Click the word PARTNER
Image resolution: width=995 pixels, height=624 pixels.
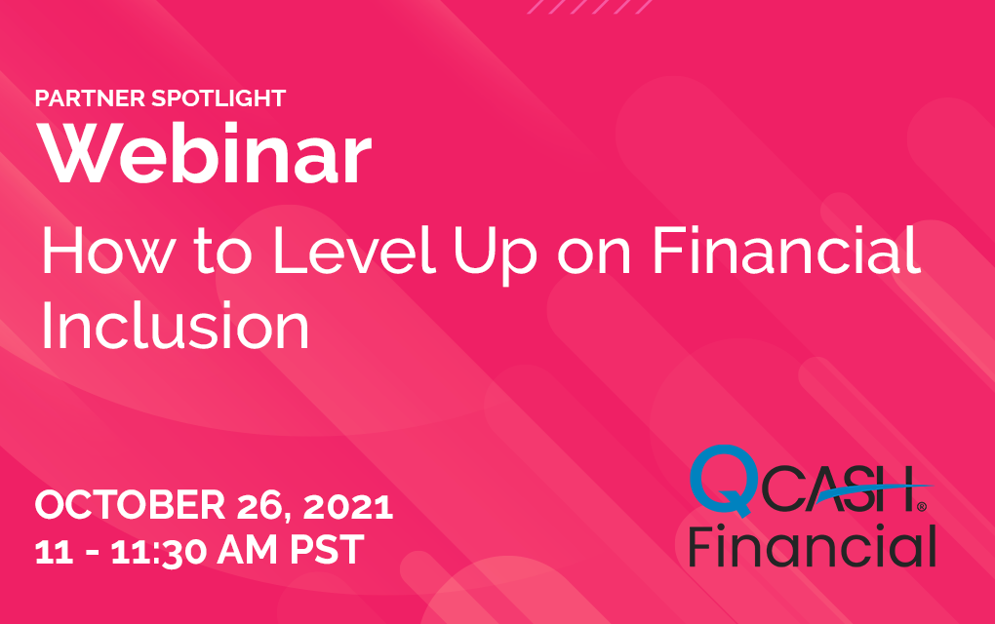click(x=90, y=98)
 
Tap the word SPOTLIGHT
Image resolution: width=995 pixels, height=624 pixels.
click(x=219, y=98)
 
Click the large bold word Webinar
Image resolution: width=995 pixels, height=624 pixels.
click(x=204, y=153)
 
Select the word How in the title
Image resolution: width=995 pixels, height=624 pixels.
click(x=107, y=252)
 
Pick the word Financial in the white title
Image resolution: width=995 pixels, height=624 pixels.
click(x=786, y=252)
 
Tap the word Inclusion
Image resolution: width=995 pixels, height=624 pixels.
click(x=176, y=326)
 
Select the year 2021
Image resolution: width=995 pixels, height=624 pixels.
click(x=348, y=506)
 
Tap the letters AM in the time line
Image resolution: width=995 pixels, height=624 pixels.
click(x=247, y=550)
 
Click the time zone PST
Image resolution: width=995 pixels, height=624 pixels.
click(x=328, y=550)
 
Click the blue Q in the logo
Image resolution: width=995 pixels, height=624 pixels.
click(x=724, y=480)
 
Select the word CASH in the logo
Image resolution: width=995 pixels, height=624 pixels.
click(x=838, y=488)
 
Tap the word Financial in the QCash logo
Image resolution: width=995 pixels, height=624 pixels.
click(x=813, y=546)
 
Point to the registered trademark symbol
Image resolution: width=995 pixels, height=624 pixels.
click(x=922, y=507)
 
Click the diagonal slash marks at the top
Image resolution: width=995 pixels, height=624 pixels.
click(x=590, y=7)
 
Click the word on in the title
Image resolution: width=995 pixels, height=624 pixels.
click(x=593, y=255)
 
